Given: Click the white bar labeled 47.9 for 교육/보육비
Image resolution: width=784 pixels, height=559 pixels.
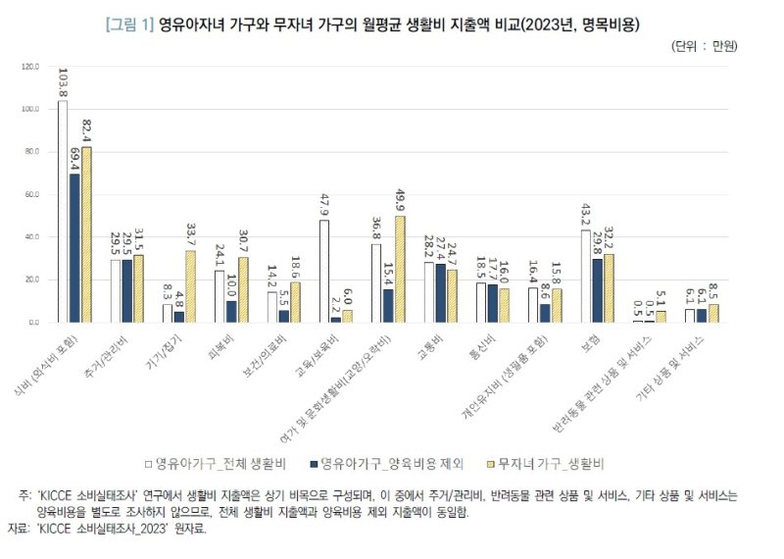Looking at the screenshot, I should pos(323,271).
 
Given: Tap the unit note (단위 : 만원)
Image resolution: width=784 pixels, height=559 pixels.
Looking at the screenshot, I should pos(704,46).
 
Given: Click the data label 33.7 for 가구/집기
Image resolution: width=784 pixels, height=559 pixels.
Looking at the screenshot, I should pos(190,236).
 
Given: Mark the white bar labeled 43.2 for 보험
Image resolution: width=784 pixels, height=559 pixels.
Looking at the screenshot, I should pos(585,276).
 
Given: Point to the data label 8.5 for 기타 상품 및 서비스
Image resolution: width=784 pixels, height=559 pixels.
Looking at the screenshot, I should pos(714,290).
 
